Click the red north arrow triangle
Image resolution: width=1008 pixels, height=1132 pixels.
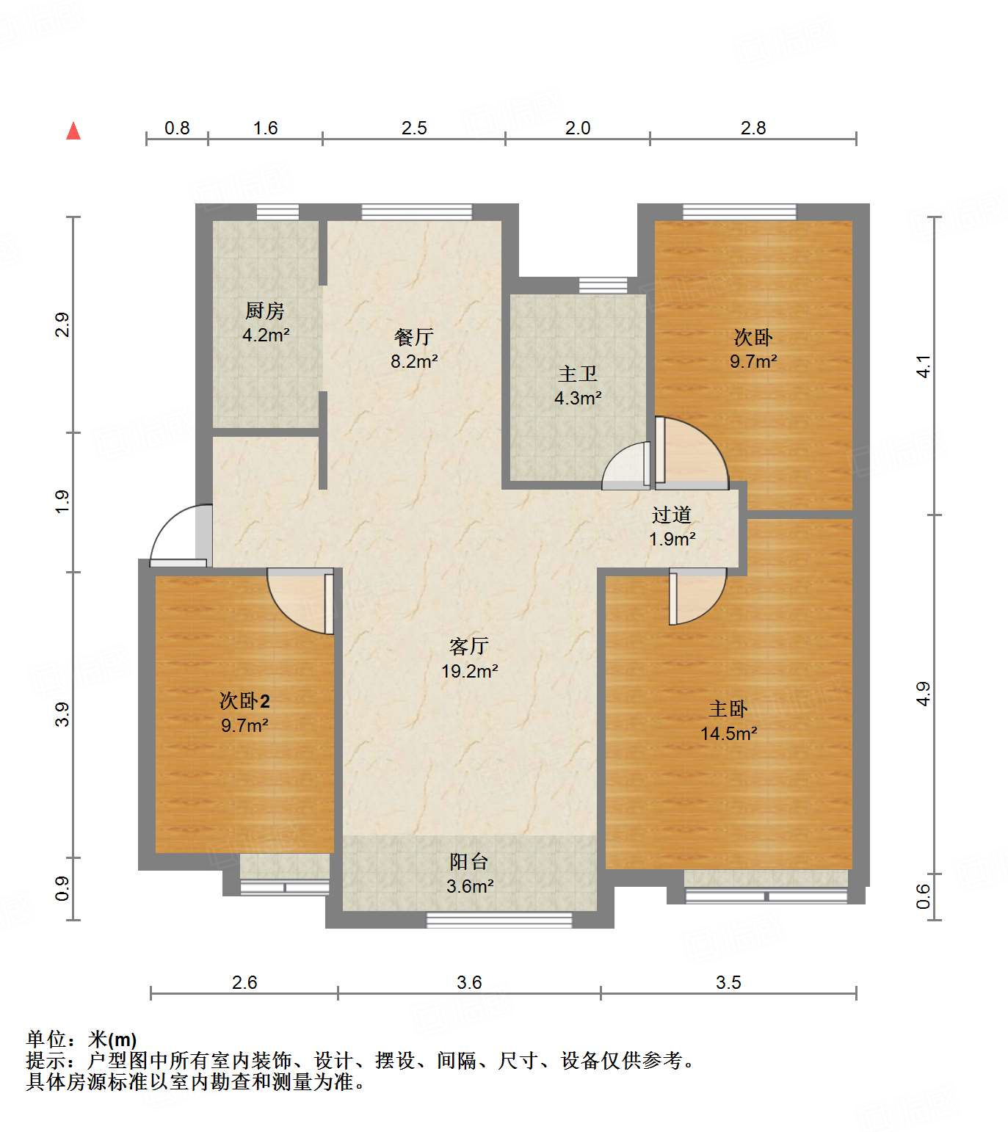(x=73, y=131)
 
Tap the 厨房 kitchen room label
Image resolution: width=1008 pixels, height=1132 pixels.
(x=265, y=311)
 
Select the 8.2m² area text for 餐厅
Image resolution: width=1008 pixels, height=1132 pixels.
(x=414, y=361)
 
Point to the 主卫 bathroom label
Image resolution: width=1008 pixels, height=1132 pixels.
(x=578, y=374)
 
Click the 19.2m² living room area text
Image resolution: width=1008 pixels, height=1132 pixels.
(x=470, y=671)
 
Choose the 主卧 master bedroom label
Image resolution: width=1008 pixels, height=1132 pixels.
(x=728, y=708)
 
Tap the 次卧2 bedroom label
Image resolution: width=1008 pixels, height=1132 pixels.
(x=244, y=701)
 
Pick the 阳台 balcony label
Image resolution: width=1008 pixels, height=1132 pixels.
(x=469, y=862)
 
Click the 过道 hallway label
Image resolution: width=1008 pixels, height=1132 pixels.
(x=672, y=515)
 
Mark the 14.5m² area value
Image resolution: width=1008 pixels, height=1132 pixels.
(x=728, y=733)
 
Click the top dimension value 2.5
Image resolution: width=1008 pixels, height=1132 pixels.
(x=414, y=128)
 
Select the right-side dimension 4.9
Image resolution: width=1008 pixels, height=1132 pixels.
(x=923, y=694)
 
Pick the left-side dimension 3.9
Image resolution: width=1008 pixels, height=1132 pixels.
(x=63, y=714)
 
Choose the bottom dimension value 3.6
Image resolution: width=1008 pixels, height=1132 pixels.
(x=469, y=982)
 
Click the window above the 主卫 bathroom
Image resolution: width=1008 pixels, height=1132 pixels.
(x=603, y=285)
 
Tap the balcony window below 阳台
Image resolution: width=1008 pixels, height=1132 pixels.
(x=499, y=920)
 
